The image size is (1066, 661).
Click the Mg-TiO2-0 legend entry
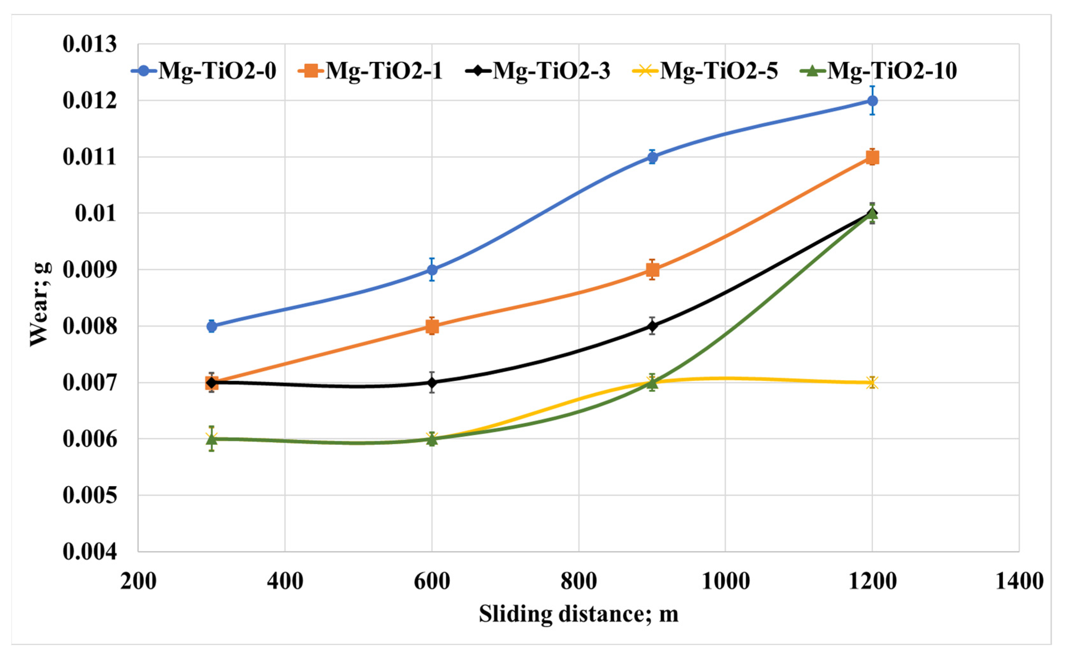(x=204, y=71)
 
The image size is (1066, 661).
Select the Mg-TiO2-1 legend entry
(x=371, y=71)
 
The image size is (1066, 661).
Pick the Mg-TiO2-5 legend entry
(x=705, y=71)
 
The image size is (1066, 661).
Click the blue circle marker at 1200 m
(x=872, y=101)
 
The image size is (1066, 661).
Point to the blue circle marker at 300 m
(x=212, y=326)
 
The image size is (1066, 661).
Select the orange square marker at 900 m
(x=652, y=270)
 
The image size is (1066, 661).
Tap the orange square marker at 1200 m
(x=872, y=157)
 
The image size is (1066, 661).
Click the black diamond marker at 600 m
(x=432, y=383)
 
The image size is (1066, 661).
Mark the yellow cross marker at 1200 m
(x=872, y=383)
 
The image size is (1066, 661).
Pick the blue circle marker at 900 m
(x=652, y=157)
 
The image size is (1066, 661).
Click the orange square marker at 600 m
(x=432, y=326)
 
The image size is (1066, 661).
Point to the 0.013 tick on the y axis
(x=90, y=44)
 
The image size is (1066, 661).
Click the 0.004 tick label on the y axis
(x=90, y=552)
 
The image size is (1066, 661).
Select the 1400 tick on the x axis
(x=1019, y=581)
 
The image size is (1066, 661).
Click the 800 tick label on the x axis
(x=579, y=581)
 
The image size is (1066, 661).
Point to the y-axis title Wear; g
(x=40, y=305)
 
